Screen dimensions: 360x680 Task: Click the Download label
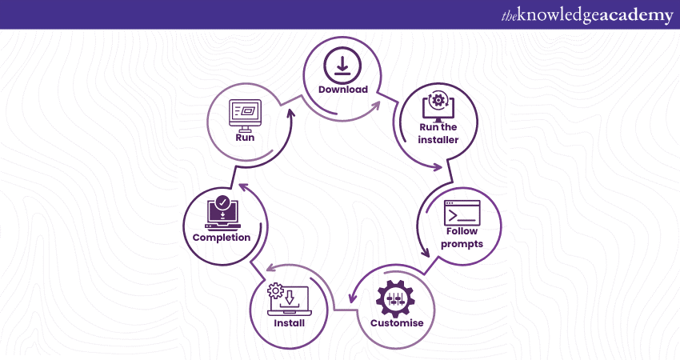(x=342, y=90)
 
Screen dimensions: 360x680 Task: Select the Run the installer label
(x=438, y=134)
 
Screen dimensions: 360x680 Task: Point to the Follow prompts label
(x=463, y=238)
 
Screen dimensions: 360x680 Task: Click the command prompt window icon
(x=462, y=213)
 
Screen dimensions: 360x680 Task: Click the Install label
(x=289, y=324)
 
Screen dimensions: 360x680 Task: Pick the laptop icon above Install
(x=290, y=299)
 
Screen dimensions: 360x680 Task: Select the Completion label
(x=222, y=237)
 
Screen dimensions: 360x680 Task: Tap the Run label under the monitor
(x=245, y=137)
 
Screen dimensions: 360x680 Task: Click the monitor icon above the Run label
(x=245, y=113)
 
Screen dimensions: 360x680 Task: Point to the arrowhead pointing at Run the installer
(x=438, y=168)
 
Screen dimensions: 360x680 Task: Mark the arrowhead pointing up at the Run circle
(x=290, y=112)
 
